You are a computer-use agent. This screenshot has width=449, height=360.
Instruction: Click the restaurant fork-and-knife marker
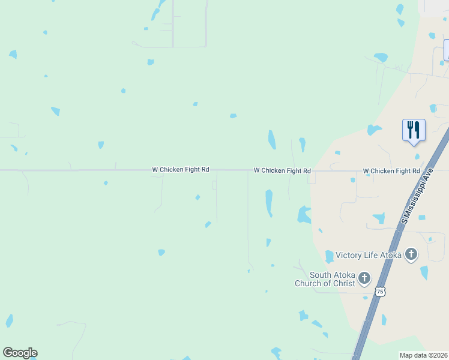pyautogui.click(x=414, y=130)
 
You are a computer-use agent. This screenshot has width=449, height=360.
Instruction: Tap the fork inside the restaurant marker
pyautogui.click(x=410, y=129)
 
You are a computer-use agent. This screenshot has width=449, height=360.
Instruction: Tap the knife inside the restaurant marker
pyautogui.click(x=417, y=129)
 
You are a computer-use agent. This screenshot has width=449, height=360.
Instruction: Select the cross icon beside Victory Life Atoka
pyautogui.click(x=411, y=254)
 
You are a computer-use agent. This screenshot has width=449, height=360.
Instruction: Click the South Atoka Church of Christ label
pyautogui.click(x=325, y=280)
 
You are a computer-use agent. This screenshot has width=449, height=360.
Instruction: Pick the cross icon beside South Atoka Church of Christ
pyautogui.click(x=364, y=278)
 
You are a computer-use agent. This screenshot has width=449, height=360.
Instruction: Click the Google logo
pyautogui.click(x=20, y=353)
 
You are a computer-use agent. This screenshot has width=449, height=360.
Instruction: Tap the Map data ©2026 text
pyautogui.click(x=424, y=355)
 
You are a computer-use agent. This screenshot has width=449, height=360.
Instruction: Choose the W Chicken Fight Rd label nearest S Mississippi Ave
pyautogui.click(x=391, y=171)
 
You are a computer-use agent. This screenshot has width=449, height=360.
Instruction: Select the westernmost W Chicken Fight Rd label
pyautogui.click(x=181, y=170)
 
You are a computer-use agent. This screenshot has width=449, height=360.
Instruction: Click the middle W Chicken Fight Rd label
pyautogui.click(x=282, y=171)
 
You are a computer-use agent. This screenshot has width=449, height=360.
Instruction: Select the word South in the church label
pyautogui.click(x=321, y=275)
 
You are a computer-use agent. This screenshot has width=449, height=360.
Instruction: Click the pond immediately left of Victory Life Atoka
pyautogui.click(x=329, y=257)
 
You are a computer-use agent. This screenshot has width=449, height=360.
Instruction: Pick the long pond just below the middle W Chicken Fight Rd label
pyautogui.click(x=269, y=202)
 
